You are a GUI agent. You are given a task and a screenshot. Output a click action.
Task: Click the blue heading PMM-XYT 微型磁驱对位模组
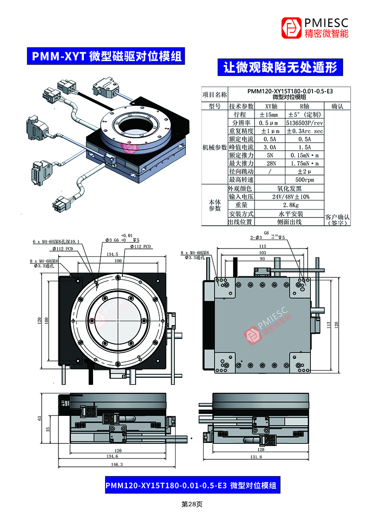[105, 56]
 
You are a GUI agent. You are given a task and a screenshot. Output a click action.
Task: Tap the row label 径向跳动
[241, 171]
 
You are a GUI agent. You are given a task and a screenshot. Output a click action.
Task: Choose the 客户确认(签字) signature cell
[337, 220]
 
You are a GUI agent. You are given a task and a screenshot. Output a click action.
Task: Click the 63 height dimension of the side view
[39, 418]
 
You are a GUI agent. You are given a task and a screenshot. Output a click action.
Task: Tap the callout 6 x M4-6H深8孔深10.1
[56, 242]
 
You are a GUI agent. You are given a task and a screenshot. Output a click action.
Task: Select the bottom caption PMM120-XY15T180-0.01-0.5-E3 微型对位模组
[191, 485]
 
